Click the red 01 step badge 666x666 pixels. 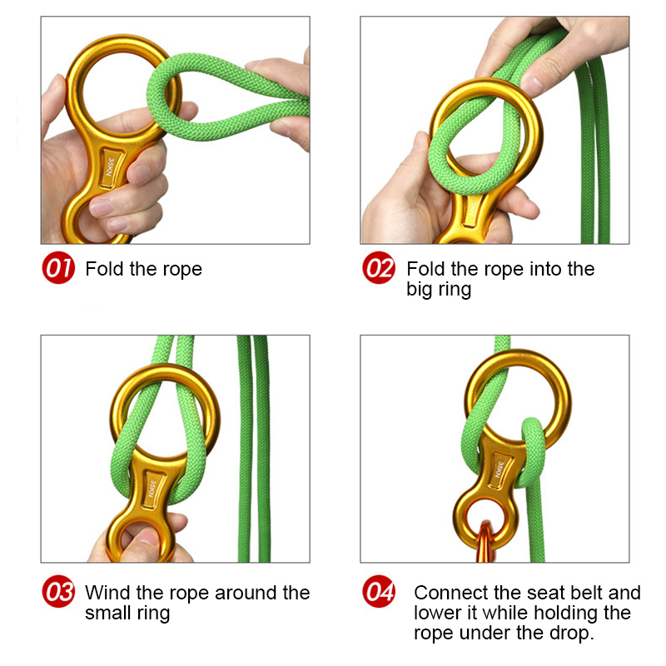click(58, 267)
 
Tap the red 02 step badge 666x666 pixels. click(379, 267)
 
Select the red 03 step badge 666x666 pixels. click(58, 591)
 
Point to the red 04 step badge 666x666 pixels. click(379, 591)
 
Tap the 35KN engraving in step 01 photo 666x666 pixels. click(110, 167)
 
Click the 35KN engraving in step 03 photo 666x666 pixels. click(152, 489)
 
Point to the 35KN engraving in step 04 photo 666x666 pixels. click(500, 470)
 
